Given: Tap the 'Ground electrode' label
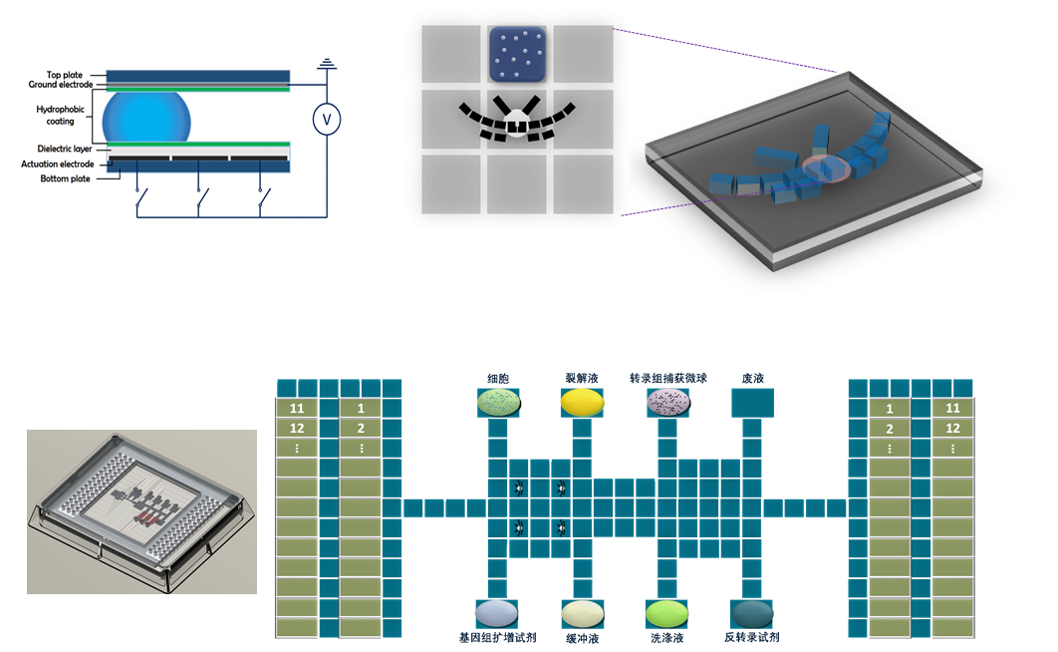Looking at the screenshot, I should tap(61, 85).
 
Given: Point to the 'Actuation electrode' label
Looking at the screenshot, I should tap(58, 164).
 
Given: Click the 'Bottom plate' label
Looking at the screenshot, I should tap(64, 178).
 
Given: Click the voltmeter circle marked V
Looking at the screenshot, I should tap(323, 120).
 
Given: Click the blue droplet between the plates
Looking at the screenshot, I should tap(146, 117).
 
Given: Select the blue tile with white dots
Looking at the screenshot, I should tap(519, 54).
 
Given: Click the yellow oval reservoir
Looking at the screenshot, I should tap(582, 402).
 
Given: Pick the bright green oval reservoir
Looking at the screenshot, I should tap(666, 611).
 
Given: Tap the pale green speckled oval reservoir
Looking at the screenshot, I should tap(498, 402).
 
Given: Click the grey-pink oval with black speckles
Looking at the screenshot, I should tap(667, 402).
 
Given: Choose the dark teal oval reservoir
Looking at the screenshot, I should tap(751, 611).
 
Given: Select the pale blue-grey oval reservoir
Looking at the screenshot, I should tap(496, 611).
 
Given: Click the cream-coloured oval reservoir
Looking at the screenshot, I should tap(583, 611).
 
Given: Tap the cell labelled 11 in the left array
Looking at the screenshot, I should tap(296, 409).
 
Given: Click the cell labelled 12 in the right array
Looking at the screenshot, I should tap(952, 429).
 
